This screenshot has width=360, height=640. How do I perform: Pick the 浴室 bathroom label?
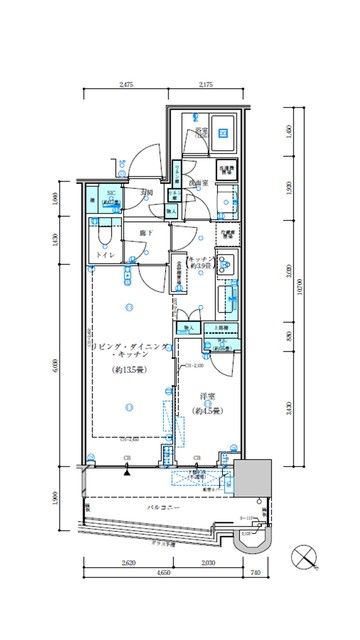tap(200, 131)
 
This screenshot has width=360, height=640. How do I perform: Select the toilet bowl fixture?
tap(102, 234)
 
